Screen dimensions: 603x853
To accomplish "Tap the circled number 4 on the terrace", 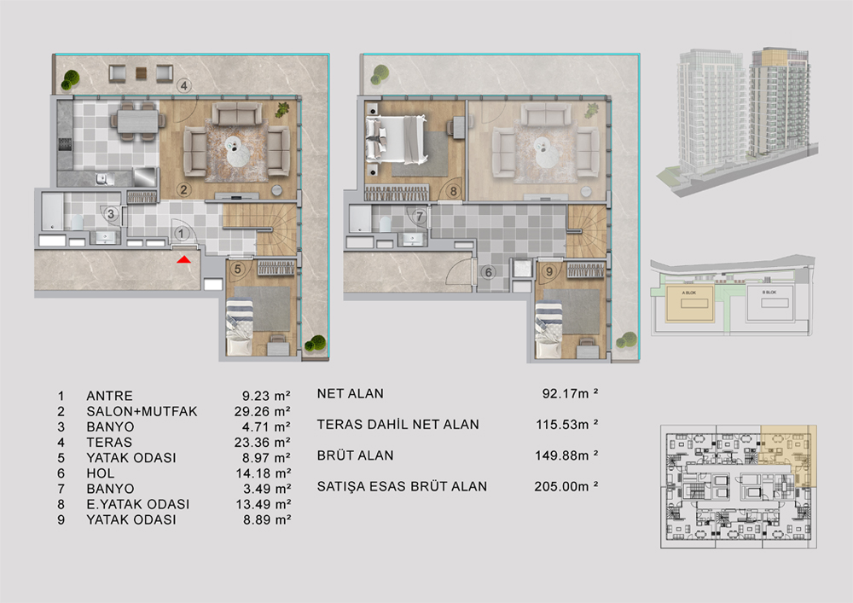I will (x=183, y=84).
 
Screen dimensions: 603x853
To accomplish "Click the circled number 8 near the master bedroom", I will (x=455, y=191).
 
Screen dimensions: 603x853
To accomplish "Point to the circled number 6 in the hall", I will (x=488, y=273).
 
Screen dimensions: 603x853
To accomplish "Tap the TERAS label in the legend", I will (x=109, y=442).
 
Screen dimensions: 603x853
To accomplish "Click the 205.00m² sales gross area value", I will (x=565, y=486).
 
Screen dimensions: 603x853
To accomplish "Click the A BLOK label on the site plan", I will (x=688, y=292).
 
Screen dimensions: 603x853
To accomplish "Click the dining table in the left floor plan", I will (x=137, y=122).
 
